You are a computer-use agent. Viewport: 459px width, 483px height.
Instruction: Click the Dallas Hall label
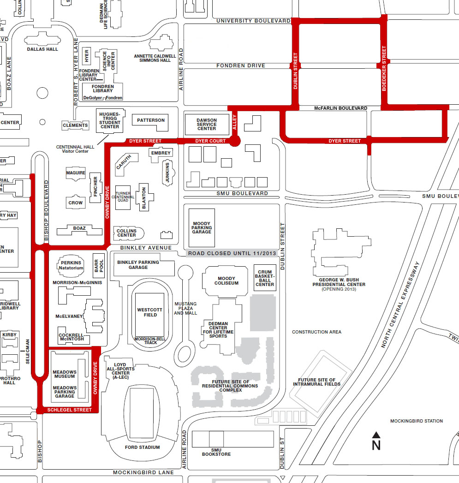(x=42, y=49)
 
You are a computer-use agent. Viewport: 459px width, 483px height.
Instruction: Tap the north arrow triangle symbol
(x=376, y=435)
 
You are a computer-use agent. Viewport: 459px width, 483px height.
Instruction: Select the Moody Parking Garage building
(x=202, y=227)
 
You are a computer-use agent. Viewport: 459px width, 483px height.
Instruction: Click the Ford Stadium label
(x=143, y=447)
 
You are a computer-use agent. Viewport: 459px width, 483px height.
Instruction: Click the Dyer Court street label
(x=210, y=141)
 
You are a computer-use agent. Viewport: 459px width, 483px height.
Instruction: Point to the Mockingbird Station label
(x=416, y=421)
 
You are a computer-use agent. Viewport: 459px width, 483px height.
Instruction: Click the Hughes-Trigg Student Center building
(x=110, y=120)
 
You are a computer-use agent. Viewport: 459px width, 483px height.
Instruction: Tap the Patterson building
(x=150, y=121)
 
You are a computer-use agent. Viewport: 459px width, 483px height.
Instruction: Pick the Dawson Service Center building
(x=206, y=124)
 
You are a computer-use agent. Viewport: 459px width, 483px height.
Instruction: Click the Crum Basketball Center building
(x=265, y=278)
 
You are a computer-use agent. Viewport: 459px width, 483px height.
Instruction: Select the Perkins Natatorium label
(x=71, y=265)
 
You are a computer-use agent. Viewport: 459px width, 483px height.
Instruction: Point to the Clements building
(x=75, y=125)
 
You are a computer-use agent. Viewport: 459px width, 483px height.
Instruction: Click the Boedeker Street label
(x=384, y=60)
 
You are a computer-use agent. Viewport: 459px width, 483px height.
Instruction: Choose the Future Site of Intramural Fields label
(x=317, y=382)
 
